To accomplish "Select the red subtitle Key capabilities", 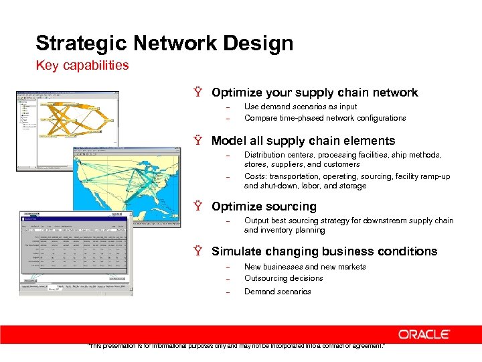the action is [82, 66].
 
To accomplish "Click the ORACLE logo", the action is [424, 334].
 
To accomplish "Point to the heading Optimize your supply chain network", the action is [314, 93].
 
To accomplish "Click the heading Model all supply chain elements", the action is [303, 141].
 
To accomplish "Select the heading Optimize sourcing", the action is [263, 206].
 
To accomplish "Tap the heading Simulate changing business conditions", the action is [324, 251].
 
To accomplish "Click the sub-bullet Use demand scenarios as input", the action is [301, 107].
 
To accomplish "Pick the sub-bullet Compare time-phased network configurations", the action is [325, 118].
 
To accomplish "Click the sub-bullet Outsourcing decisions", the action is [283, 278].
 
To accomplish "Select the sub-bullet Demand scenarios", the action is [277, 292].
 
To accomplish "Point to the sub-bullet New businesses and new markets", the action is [305, 267].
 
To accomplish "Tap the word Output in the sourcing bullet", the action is [256, 221].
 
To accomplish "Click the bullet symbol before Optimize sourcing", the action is [198, 206].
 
